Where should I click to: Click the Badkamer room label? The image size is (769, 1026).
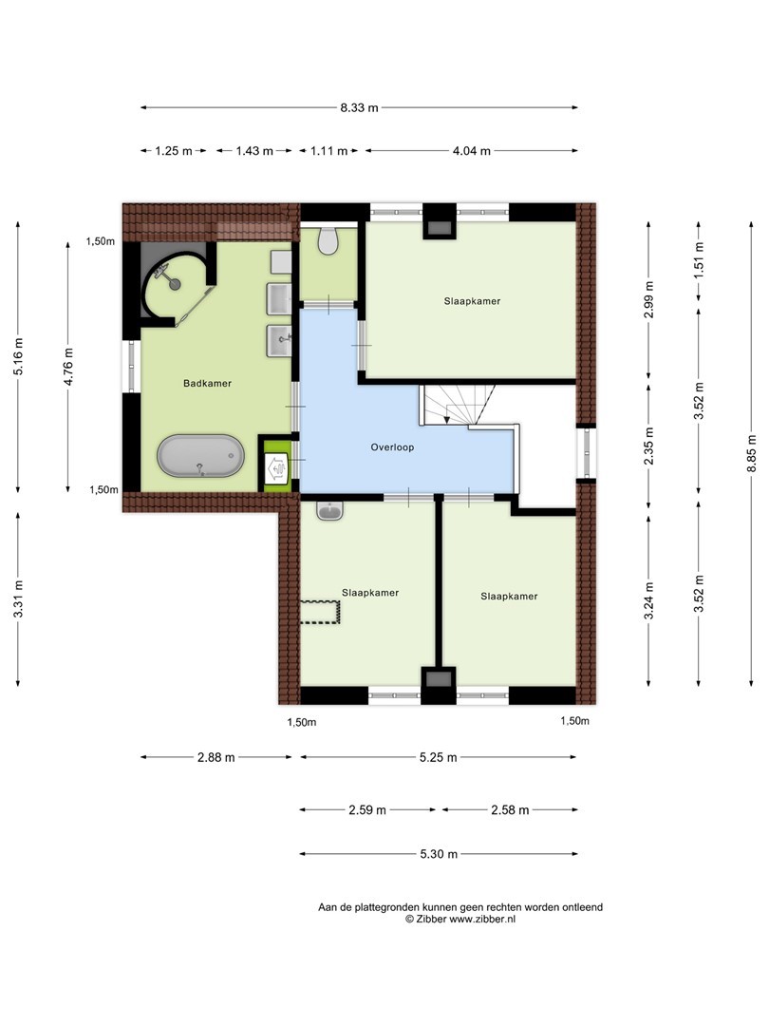pos(207,384)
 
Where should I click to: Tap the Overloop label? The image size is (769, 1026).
pos(392,447)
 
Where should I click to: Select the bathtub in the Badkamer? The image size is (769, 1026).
pos(200,456)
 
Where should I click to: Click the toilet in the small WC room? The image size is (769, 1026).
pos(328,240)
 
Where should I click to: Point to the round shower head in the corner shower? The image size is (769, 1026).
pos(174,283)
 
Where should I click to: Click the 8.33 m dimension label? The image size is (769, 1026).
pos(359,108)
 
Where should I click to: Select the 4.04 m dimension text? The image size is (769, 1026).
pos(472,151)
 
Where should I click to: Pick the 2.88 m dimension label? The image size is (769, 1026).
pos(216,758)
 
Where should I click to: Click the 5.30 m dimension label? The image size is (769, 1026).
pos(438,854)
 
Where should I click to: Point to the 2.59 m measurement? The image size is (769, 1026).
pos(366,810)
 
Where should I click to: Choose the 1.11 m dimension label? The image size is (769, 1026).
pos(328,151)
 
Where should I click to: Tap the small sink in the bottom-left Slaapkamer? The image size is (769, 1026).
pos(329,510)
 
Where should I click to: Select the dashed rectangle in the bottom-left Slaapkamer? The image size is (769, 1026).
pos(321,613)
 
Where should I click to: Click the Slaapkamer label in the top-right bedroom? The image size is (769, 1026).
pos(472,302)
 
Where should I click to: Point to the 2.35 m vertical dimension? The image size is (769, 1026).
pos(648,446)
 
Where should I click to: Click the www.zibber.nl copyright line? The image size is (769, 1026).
pos(460,920)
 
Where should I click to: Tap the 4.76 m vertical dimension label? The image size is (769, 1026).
pos(68,367)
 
